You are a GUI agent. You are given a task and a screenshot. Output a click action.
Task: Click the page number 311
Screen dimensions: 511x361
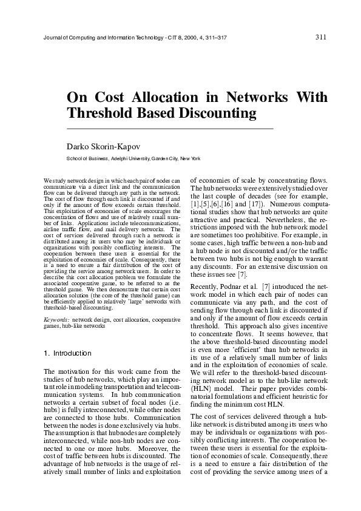(x=322, y=36)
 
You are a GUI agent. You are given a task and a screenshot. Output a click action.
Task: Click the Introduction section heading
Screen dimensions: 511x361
(x=72, y=353)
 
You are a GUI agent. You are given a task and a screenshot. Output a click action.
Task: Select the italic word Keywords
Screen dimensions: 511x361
(x=57, y=319)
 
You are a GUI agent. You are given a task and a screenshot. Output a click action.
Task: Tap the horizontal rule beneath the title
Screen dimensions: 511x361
(x=170, y=129)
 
